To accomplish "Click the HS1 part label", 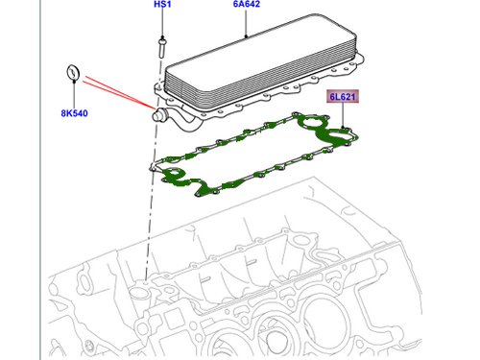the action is [x=162, y=4].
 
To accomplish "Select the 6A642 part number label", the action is [x=246, y=4].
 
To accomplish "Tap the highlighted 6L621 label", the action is [x=343, y=96].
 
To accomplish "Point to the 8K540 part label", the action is [x=74, y=113].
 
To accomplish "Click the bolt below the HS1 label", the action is [x=162, y=48].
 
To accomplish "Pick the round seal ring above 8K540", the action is [x=73, y=72].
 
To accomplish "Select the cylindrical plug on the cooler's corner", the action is [x=158, y=114].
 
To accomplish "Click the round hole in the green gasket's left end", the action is [x=175, y=174].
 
